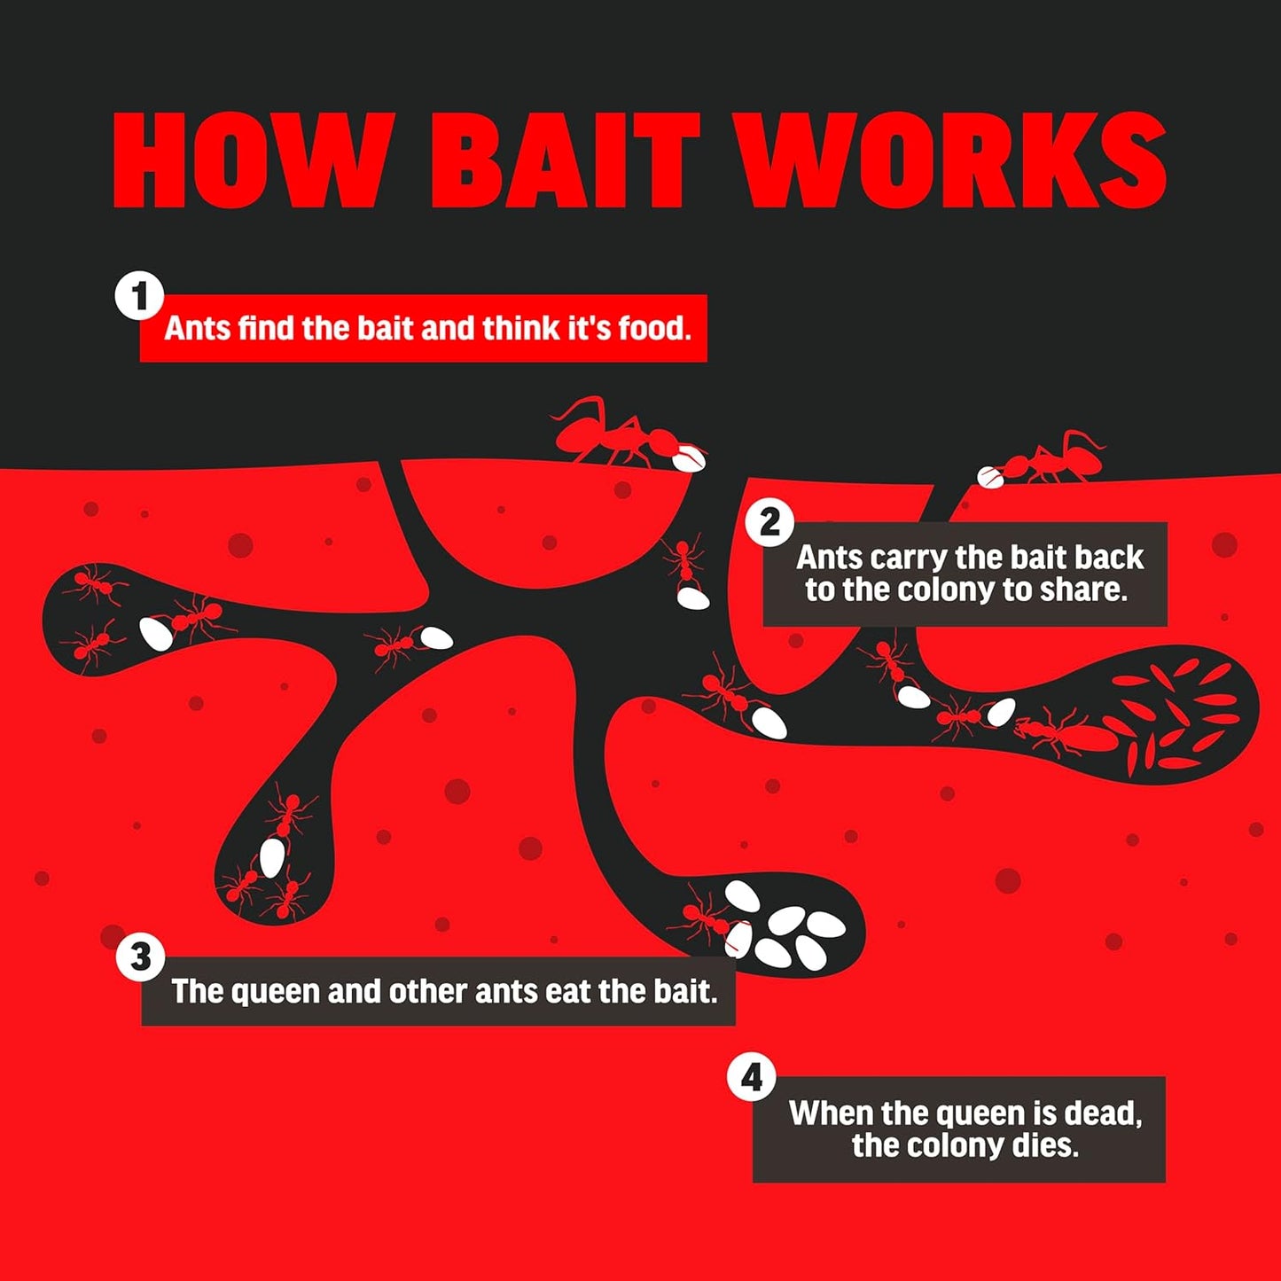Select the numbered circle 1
(139, 296)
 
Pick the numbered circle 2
(769, 523)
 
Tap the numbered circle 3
(140, 957)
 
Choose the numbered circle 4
(751, 1077)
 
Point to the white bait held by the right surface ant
(990, 477)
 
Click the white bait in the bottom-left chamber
(272, 857)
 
